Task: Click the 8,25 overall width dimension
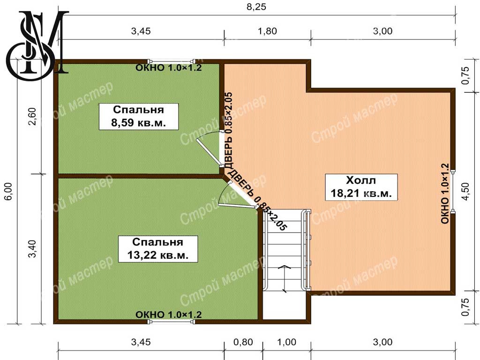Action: click(256, 7)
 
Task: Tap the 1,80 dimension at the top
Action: click(267, 31)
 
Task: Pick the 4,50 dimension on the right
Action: click(465, 191)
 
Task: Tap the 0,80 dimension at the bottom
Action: click(243, 342)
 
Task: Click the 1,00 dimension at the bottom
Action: click(287, 342)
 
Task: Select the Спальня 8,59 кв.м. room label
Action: click(139, 117)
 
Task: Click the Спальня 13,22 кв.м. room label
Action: click(157, 249)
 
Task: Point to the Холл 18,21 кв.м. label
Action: click(361, 187)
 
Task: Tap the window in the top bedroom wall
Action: click(171, 61)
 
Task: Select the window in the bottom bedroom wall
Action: click(171, 322)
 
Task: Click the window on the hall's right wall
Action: click(453, 191)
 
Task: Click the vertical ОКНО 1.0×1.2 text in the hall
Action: click(445, 194)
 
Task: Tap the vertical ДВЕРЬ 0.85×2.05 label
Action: click(229, 130)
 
